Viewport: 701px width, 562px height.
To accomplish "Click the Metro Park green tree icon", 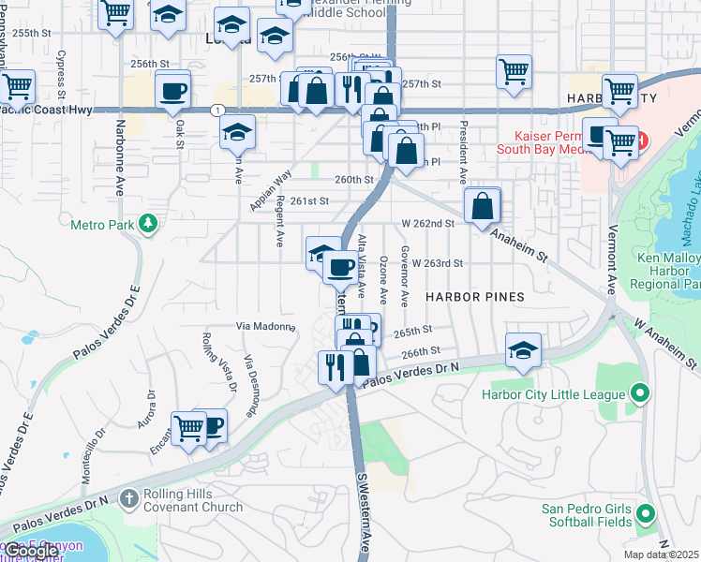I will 147,223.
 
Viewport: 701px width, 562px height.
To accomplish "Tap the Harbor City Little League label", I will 553,394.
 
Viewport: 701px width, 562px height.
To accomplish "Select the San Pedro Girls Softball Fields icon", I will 645,514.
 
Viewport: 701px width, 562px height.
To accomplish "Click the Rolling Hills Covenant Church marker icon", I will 127,499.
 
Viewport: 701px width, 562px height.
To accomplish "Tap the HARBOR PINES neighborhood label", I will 473,296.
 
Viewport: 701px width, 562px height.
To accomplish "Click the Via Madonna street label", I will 264,326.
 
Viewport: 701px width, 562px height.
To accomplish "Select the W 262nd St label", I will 427,224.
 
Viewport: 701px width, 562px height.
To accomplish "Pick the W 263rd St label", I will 437,264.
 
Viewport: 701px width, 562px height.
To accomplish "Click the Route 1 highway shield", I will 217,110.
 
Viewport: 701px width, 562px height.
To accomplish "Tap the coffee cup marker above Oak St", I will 173,91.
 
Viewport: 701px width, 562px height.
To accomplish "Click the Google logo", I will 32,551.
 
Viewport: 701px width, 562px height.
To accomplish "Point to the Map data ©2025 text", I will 661,555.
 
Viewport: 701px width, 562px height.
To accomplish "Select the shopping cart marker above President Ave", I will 514,71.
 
